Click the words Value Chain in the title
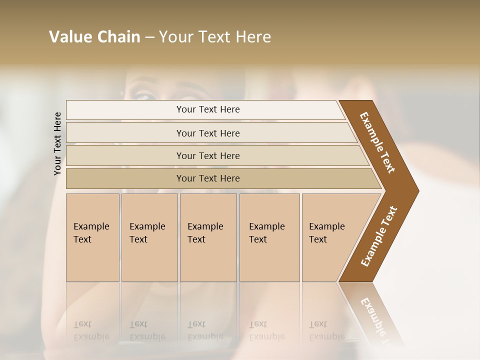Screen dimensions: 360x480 pos(94,37)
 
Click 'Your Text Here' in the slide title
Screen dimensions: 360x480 pos(215,37)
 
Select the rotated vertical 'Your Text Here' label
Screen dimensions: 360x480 pos(57,143)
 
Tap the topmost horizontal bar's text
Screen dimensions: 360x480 pos(208,109)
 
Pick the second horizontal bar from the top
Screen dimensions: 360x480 pos(208,133)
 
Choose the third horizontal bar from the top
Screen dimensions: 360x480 pos(208,155)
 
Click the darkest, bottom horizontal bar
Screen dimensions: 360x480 pos(208,178)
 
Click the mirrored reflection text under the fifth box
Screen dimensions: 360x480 pos(327,330)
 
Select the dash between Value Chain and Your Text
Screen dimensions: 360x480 pos(149,37)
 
